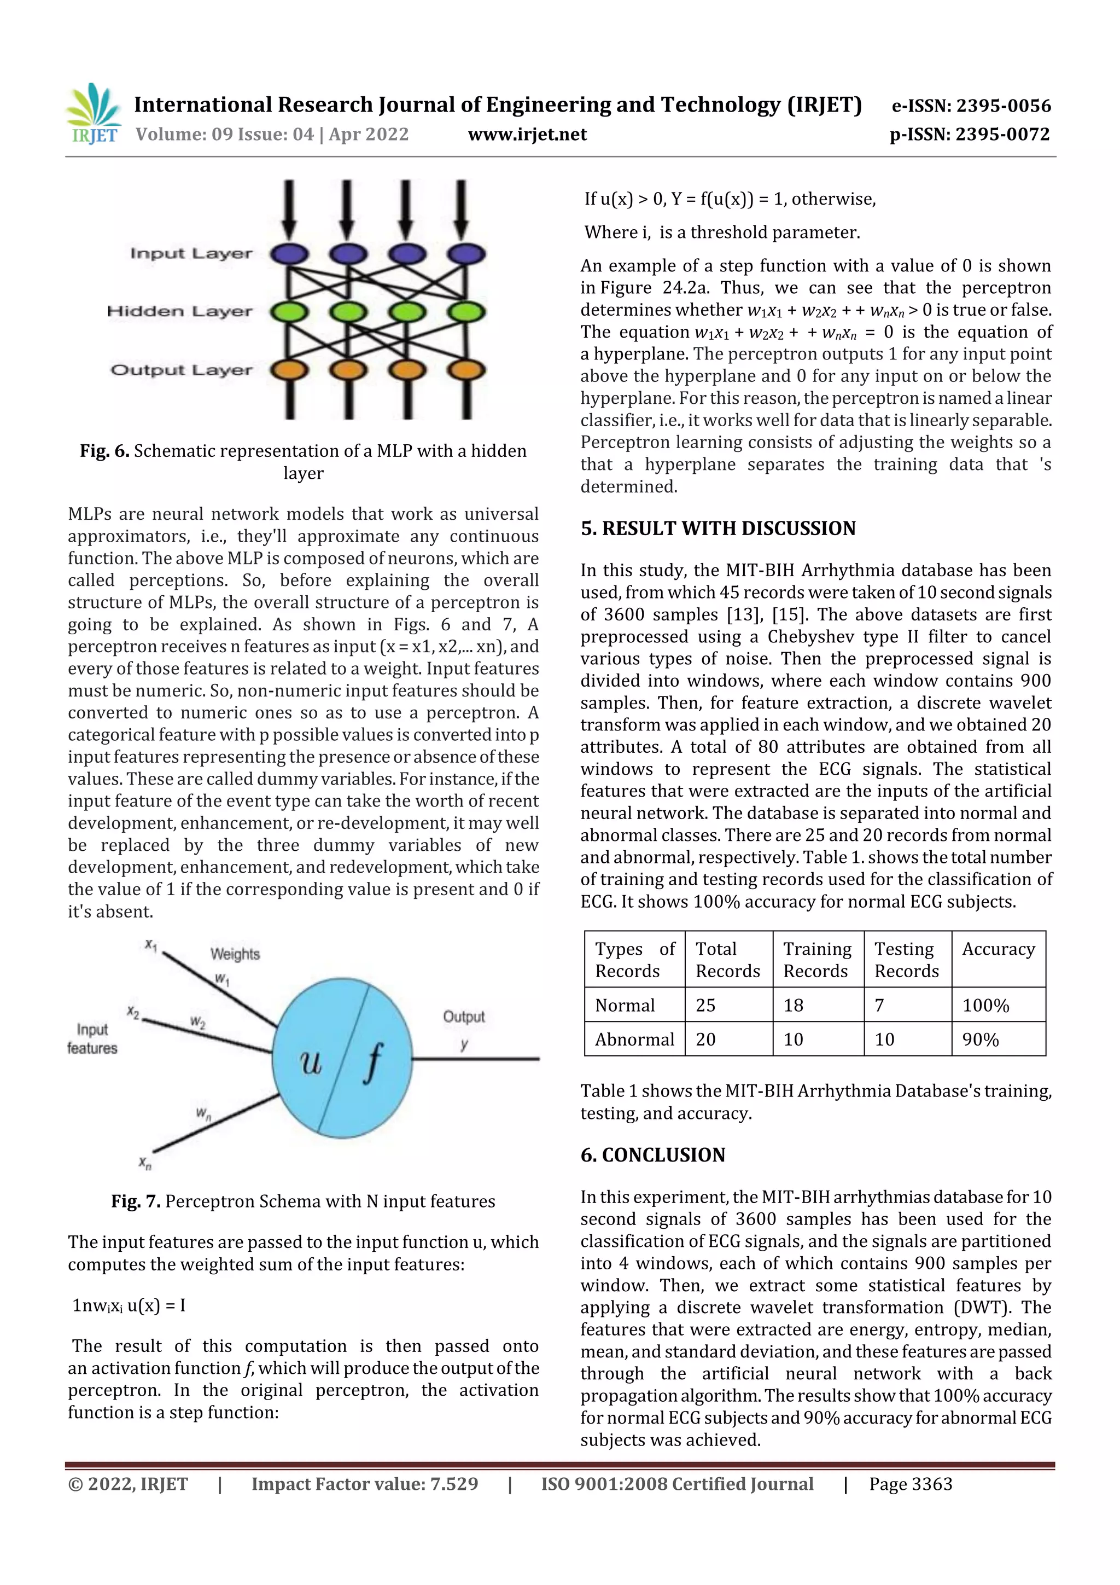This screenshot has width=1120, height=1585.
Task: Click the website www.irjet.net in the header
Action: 527,134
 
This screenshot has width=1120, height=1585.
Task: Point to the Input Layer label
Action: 191,253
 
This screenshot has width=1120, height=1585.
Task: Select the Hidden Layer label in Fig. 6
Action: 179,311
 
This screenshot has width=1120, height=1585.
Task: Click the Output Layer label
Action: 182,370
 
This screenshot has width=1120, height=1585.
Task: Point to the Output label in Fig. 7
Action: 464,1016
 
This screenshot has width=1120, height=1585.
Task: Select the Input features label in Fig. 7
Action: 92,1038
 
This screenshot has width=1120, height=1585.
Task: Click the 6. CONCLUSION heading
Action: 653,1155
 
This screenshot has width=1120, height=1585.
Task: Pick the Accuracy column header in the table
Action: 998,949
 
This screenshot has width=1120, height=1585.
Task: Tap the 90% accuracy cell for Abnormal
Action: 980,1040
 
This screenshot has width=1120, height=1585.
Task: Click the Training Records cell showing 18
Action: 793,1005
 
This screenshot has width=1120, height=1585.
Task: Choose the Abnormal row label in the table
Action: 634,1040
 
